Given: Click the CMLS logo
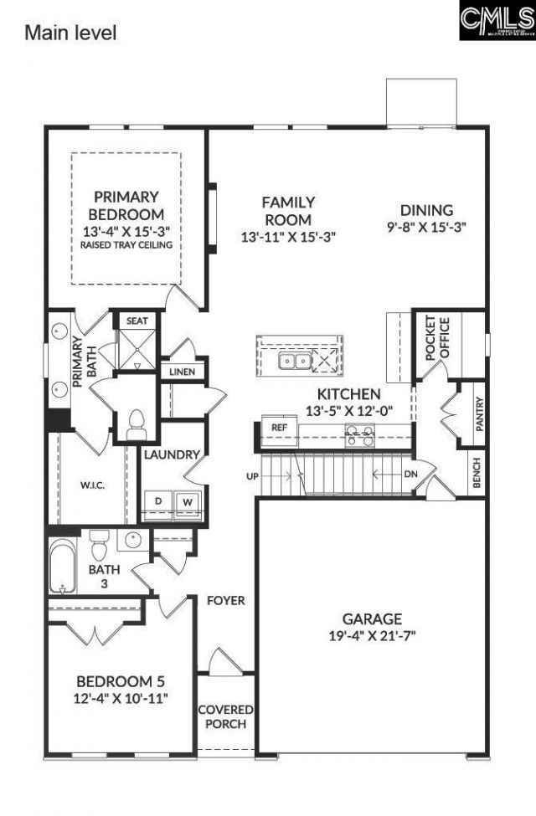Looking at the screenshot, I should pyautogui.click(x=497, y=21).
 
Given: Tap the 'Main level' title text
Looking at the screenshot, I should pyautogui.click(x=70, y=33).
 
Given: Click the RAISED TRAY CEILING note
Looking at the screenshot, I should pyautogui.click(x=126, y=245).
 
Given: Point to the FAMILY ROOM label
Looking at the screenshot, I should pyautogui.click(x=288, y=211).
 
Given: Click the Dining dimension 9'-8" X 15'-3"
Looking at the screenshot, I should pyautogui.click(x=426, y=226).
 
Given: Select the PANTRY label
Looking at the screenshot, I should pyautogui.click(x=480, y=414).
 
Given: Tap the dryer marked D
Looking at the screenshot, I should pyautogui.click(x=157, y=501).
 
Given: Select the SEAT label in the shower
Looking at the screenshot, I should pyautogui.click(x=136, y=321).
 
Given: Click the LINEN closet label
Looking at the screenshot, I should pyautogui.click(x=182, y=372).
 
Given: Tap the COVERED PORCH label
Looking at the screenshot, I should pyautogui.click(x=225, y=716).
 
